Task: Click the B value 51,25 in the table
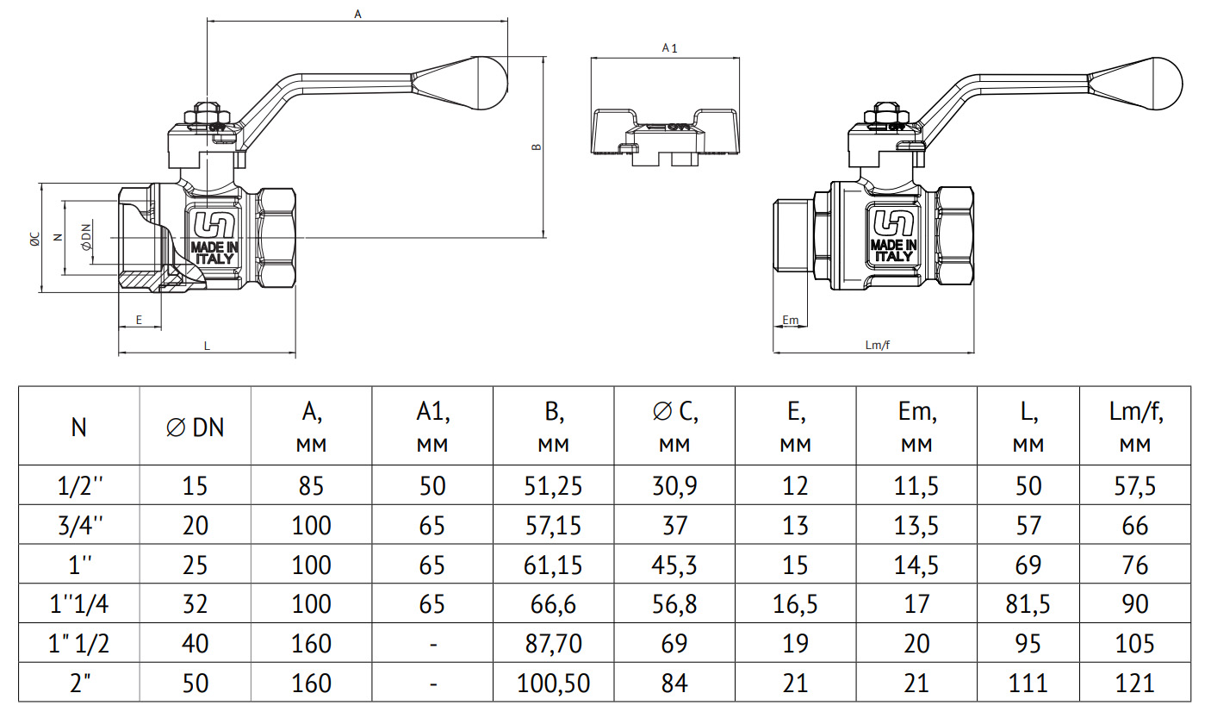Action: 553,485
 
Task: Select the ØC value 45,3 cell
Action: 674,565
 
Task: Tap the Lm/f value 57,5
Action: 1135,485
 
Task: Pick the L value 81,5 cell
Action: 1028,604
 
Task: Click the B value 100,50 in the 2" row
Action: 553,684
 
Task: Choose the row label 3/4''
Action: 78,525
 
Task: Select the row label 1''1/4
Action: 78,604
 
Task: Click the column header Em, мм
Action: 916,427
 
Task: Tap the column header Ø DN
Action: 195,426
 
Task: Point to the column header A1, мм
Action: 432,427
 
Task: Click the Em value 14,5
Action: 916,565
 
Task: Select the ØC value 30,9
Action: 674,485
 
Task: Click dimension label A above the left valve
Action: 357,14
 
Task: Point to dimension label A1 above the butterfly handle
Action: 669,48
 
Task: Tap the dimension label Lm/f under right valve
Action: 876,345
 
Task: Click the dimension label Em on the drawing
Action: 790,321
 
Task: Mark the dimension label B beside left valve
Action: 536,147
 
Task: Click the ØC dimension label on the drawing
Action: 33,239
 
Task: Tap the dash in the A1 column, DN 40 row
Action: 432,644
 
